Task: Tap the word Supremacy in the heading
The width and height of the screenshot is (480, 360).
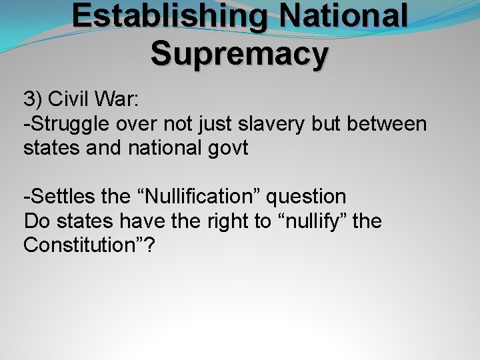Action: (239, 53)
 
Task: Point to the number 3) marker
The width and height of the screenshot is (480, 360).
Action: (33, 100)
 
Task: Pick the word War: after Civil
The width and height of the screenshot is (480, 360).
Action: (118, 100)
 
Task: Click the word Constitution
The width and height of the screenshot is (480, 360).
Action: (79, 245)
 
